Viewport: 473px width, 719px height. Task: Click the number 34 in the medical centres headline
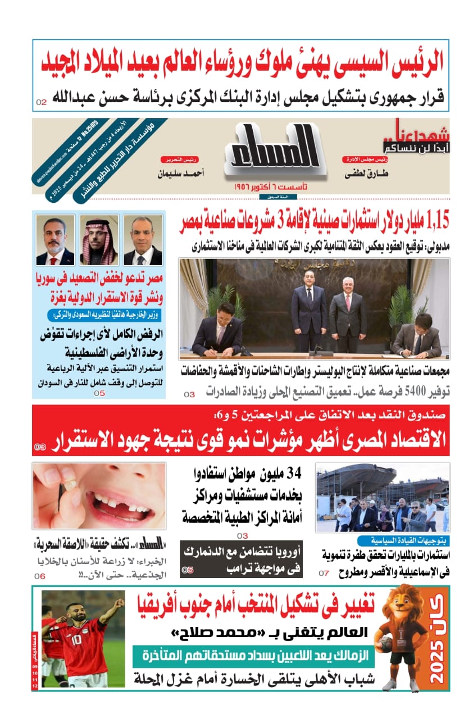(293, 474)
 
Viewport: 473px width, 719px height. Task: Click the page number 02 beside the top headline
(42, 102)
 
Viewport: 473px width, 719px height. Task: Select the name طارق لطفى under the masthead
(367, 174)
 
